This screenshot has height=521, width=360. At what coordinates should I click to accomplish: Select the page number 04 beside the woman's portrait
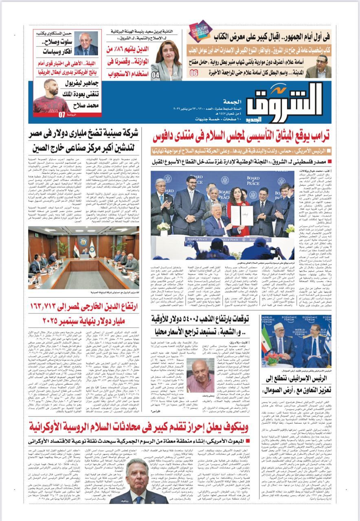click(x=155, y=75)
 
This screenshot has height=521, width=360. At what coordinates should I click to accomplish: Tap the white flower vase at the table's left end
click(x=164, y=228)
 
